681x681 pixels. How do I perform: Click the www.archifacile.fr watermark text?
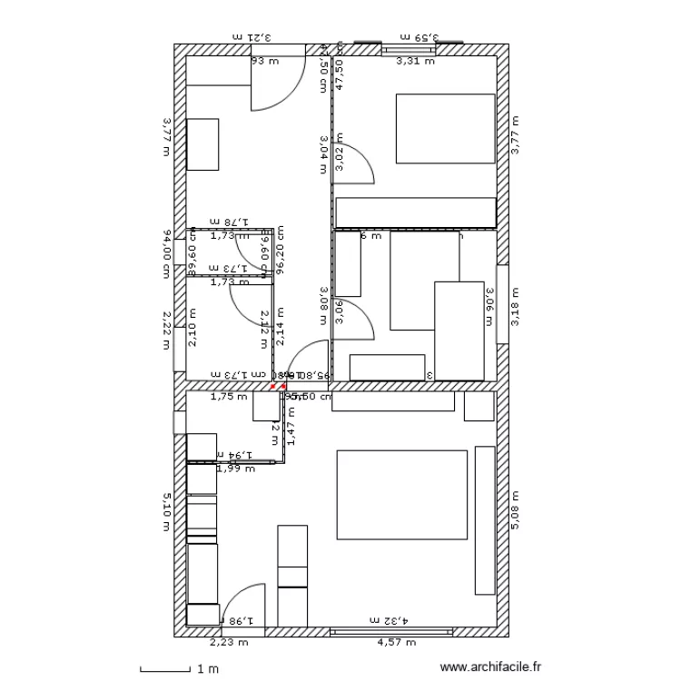point(490,666)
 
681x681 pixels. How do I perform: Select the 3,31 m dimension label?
point(415,62)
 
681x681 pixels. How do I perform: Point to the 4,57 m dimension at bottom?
point(396,642)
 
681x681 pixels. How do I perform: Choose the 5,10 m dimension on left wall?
point(166,510)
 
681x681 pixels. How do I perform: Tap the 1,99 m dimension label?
point(234,469)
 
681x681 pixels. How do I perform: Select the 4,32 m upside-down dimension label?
point(387,619)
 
